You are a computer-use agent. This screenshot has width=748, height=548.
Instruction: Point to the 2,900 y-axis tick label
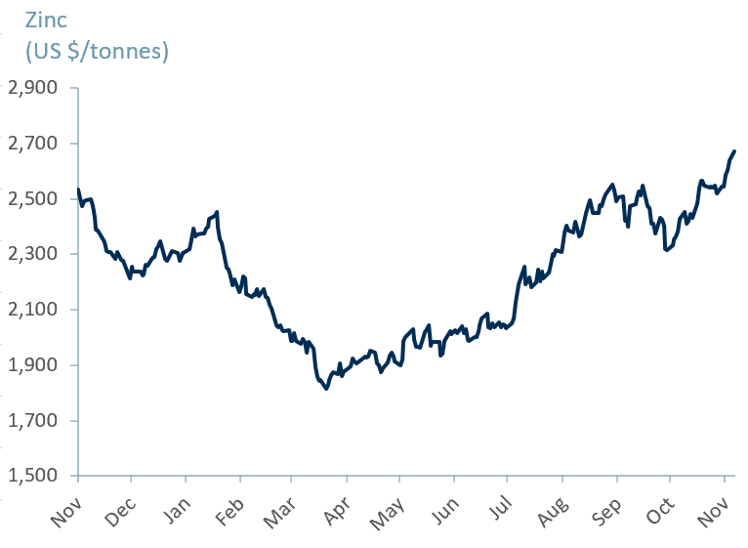33,88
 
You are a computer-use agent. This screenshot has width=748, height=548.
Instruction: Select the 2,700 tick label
33,144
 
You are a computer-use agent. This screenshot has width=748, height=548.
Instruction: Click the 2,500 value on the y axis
33,199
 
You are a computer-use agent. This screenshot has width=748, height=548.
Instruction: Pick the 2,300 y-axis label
33,254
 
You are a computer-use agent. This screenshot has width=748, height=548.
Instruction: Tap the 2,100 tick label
33,310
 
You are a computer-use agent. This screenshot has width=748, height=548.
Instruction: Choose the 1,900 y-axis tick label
33,365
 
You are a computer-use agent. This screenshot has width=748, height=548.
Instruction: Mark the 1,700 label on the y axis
33,421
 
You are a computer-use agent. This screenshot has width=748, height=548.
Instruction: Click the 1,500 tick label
33,476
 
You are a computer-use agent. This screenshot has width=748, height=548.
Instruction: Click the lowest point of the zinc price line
326,389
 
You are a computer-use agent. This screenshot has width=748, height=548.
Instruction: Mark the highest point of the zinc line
734,151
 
